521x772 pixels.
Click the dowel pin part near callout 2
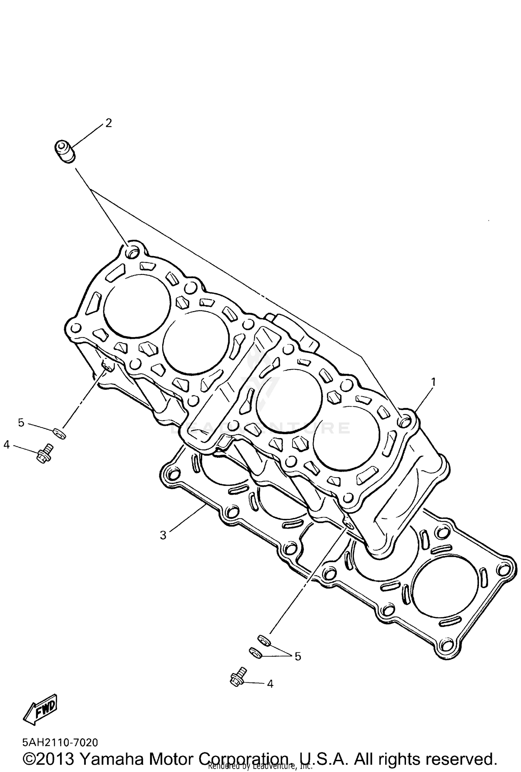(x=65, y=151)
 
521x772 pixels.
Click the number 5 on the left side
(x=21, y=423)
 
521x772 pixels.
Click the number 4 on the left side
(x=7, y=444)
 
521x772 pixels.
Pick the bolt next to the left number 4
(x=44, y=453)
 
